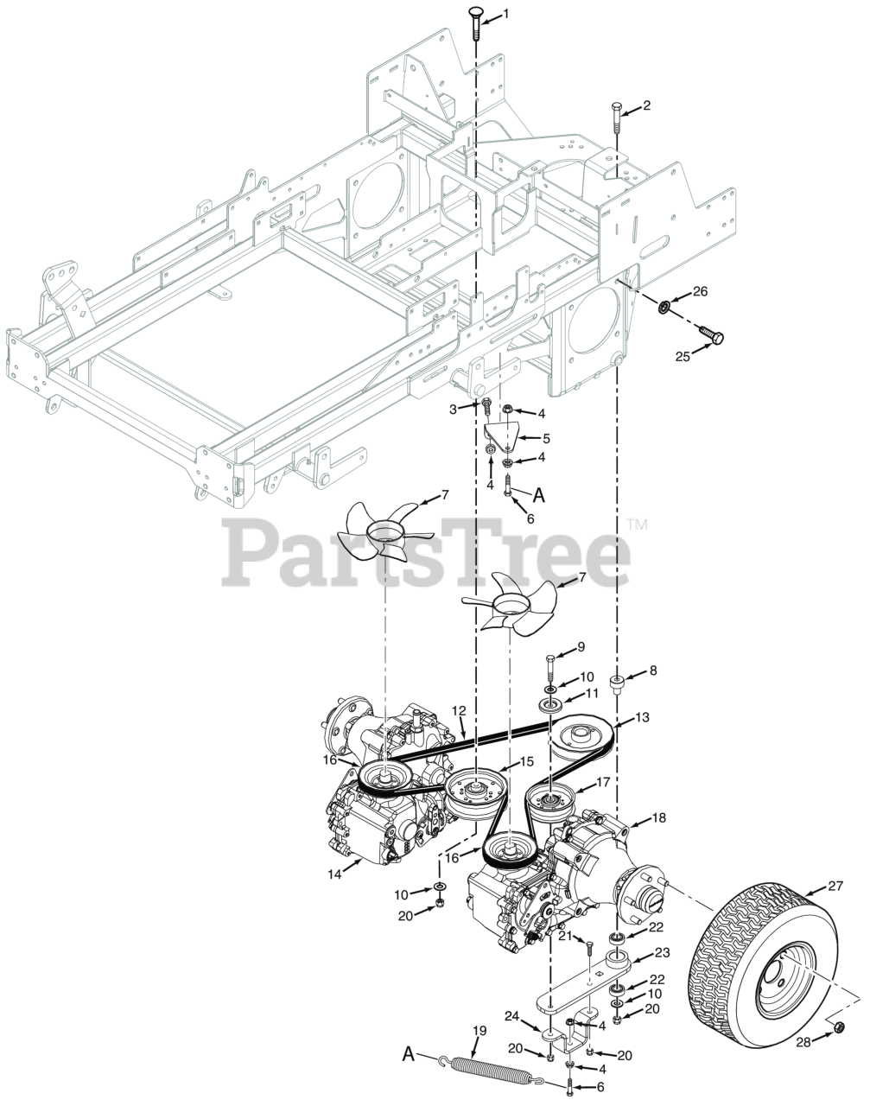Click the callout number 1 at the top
click(506, 13)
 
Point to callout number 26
click(700, 292)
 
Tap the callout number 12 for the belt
click(459, 710)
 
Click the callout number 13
click(642, 718)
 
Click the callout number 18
click(658, 817)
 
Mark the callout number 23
click(662, 954)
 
